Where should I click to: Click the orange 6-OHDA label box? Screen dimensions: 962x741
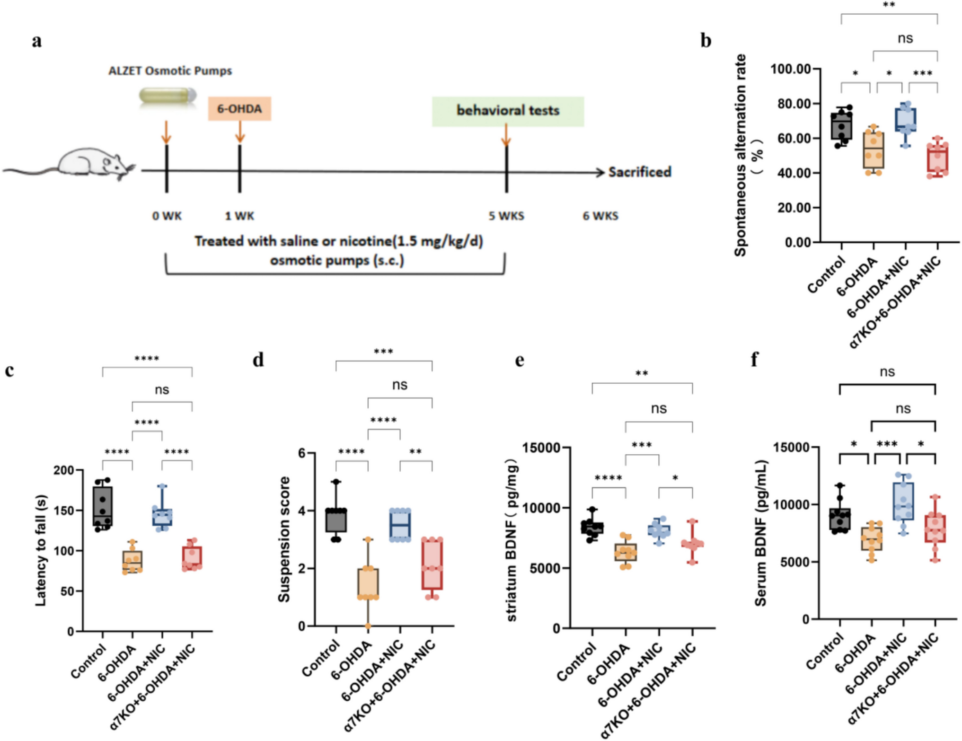click(239, 109)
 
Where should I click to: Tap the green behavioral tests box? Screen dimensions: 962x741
click(508, 111)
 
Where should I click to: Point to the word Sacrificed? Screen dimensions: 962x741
click(640, 172)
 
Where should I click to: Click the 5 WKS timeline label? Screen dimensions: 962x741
click(506, 216)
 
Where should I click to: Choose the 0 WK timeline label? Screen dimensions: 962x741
click(167, 216)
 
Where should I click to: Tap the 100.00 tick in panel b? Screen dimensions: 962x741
click(791, 69)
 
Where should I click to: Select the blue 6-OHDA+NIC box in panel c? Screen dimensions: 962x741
click(162, 517)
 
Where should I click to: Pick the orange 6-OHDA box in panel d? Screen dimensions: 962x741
click(368, 583)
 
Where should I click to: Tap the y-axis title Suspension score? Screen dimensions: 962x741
click(284, 539)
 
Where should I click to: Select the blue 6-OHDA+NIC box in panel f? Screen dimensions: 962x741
click(903, 502)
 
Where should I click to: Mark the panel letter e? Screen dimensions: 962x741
click(519, 361)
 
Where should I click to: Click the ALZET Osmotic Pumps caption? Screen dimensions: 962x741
click(170, 71)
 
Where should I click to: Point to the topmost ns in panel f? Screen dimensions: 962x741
click(887, 372)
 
